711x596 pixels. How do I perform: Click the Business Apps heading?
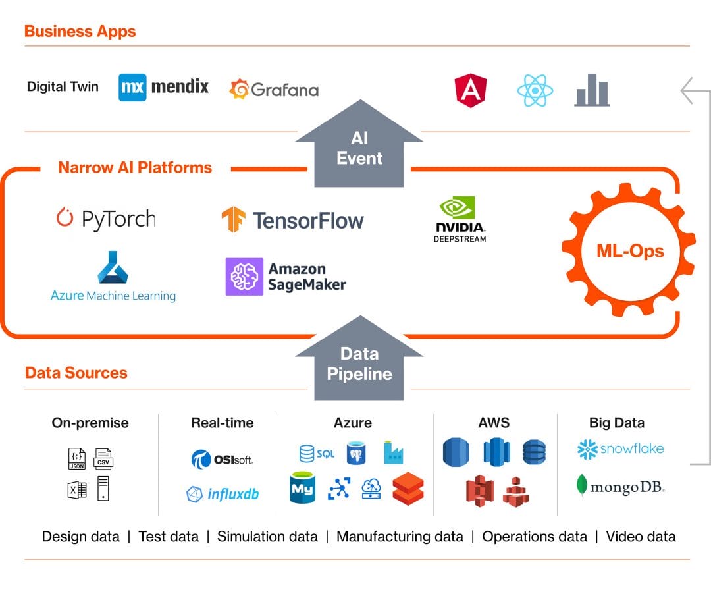pyautogui.click(x=80, y=32)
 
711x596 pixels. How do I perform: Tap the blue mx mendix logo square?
pyautogui.click(x=132, y=87)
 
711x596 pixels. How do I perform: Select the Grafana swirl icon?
pyautogui.click(x=239, y=89)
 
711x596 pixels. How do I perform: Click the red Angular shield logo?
pyautogui.click(x=471, y=90)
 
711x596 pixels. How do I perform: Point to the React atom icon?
pyautogui.click(x=535, y=91)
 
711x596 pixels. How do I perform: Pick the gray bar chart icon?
pyautogui.click(x=592, y=90)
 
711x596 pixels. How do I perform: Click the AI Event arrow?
pyautogui.click(x=359, y=144)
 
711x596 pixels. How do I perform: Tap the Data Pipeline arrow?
pyautogui.click(x=359, y=358)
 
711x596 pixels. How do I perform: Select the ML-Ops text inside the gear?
pyautogui.click(x=630, y=251)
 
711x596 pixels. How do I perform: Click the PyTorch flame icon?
pyautogui.click(x=65, y=217)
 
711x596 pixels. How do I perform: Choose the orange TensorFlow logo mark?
pyautogui.click(x=233, y=219)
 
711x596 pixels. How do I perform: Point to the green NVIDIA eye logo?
pyautogui.click(x=458, y=207)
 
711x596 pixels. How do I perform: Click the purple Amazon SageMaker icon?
pyautogui.click(x=244, y=277)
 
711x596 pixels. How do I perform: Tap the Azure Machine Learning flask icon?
pyautogui.click(x=113, y=267)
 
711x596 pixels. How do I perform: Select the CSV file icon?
pyautogui.click(x=103, y=458)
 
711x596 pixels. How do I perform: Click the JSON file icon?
pyautogui.click(x=77, y=458)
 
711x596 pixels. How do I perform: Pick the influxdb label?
pyautogui.click(x=233, y=493)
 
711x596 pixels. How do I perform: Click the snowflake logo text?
pyautogui.click(x=631, y=448)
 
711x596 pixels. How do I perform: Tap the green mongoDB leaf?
pyautogui.click(x=581, y=485)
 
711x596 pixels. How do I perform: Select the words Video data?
pyautogui.click(x=641, y=537)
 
